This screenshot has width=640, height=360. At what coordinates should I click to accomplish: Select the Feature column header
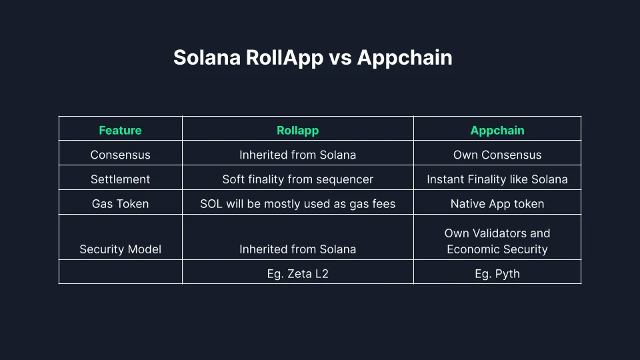120,131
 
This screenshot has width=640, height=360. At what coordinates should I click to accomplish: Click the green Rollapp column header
297,131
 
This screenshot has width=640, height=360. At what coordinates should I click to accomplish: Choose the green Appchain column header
497,131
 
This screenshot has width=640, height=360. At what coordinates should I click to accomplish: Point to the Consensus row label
120,155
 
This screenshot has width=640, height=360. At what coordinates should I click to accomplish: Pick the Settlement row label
120,179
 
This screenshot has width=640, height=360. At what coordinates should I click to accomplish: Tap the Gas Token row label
120,204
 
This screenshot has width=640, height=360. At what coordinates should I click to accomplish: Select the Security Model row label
120,249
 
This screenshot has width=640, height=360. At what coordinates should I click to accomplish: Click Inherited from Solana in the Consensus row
297,155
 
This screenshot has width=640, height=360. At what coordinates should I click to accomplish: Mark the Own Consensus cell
497,155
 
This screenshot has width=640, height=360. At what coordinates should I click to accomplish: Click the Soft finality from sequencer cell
297,179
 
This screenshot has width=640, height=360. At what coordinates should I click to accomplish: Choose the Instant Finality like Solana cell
497,179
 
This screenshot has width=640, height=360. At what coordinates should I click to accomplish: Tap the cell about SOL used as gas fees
297,204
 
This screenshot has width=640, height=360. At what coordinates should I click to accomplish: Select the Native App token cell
497,204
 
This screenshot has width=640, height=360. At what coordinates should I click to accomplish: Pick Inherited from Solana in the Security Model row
297,249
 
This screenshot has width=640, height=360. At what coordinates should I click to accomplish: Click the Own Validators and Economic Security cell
497,241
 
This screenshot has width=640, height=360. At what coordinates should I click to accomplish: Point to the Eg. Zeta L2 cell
297,273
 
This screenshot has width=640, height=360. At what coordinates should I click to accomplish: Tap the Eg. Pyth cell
497,273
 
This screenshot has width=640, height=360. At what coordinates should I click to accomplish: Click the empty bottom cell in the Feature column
120,272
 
